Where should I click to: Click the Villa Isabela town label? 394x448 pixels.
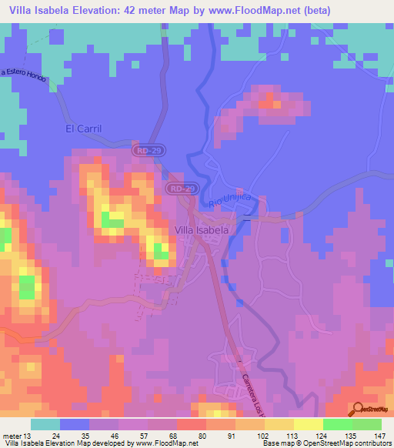tap(202, 230)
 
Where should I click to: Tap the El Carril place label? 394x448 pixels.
tap(83, 129)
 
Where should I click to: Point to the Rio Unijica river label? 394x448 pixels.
tap(231, 200)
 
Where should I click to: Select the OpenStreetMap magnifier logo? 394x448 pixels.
tap(359, 409)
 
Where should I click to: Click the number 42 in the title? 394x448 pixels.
tap(156, 9)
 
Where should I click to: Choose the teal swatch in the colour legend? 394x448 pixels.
tap(45, 424)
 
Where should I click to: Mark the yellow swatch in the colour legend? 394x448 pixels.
tap(308, 424)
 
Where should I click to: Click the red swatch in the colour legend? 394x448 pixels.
tap(191, 424)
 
